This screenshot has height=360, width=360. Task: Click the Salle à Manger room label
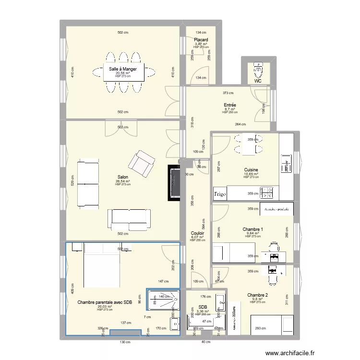click(x=123, y=69)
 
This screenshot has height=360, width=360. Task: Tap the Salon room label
click(x=123, y=177)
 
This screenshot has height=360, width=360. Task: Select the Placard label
click(x=201, y=39)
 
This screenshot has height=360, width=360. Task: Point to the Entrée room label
click(x=229, y=105)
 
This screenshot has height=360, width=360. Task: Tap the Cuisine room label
click(x=251, y=170)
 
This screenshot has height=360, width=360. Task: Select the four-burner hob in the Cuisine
click(x=266, y=193)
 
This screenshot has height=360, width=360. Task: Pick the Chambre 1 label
click(x=252, y=229)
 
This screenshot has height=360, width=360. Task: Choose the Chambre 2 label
click(x=257, y=295)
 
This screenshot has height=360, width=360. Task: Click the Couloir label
click(x=197, y=233)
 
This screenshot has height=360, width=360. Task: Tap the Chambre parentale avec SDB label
click(x=104, y=302)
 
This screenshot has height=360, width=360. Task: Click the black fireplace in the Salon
click(x=173, y=183)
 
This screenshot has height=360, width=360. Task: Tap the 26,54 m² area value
click(x=123, y=181)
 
